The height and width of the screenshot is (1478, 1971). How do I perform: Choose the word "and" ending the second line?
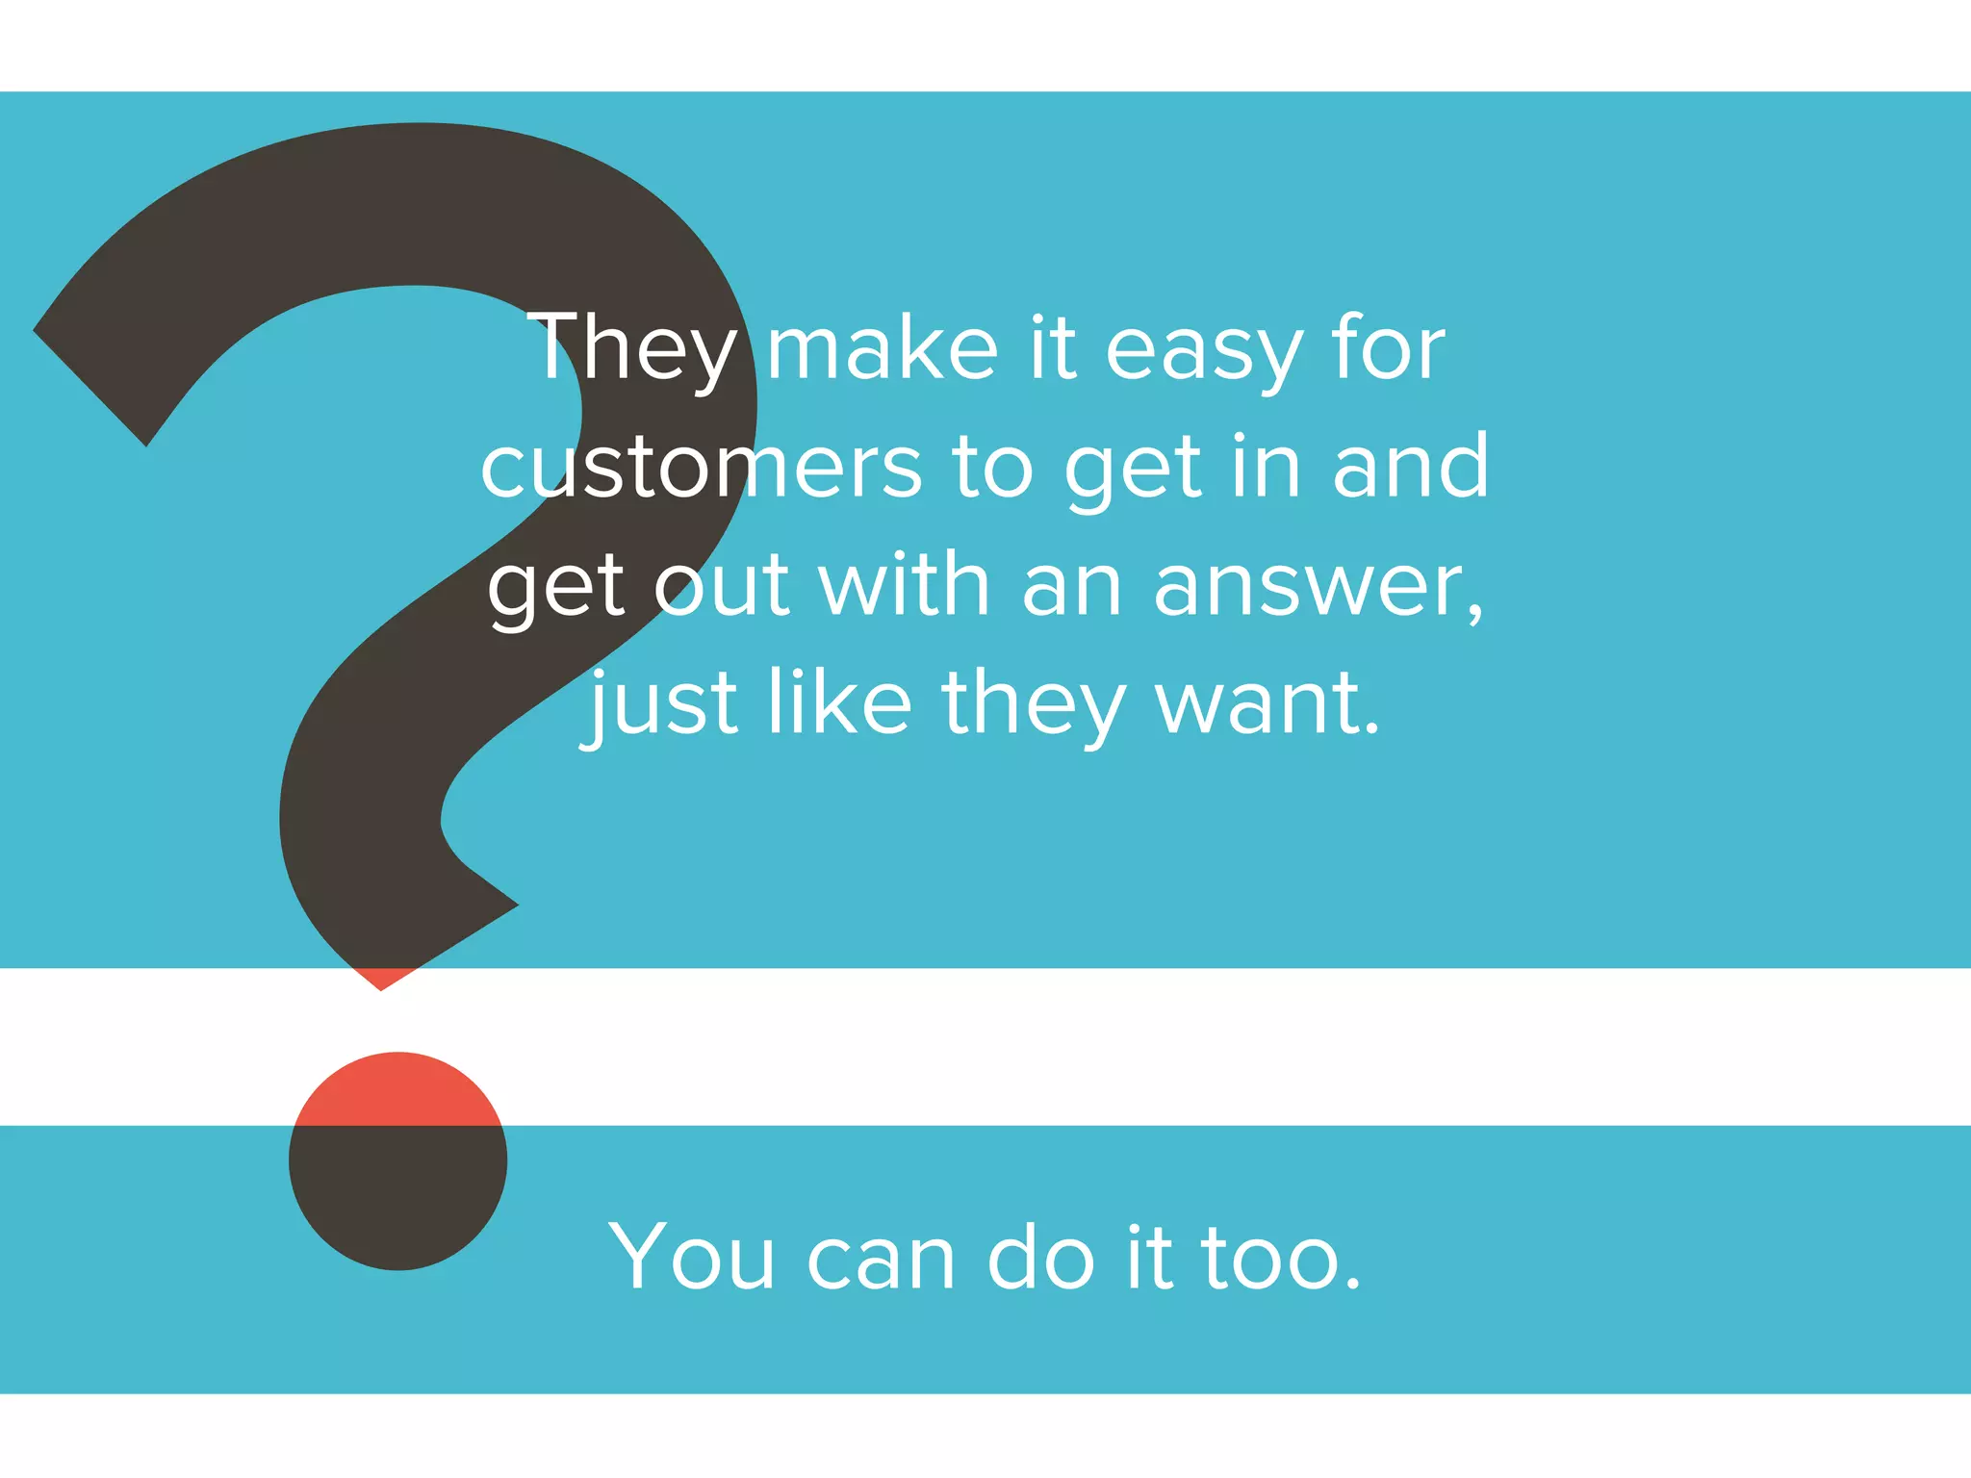[1411, 467]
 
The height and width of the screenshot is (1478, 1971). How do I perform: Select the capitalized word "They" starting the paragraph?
[632, 349]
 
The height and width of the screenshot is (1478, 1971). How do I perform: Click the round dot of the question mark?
[397, 1160]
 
